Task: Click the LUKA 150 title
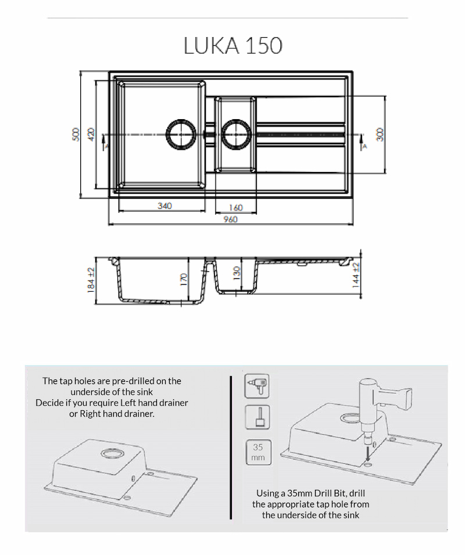[x=233, y=46]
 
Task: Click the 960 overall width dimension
[x=231, y=219]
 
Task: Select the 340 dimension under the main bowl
[x=164, y=205]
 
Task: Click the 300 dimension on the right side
[x=380, y=134]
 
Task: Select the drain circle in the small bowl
[x=235, y=134]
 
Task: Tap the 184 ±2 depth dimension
[x=91, y=281]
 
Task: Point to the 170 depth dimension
[x=183, y=280]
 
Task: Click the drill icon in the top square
[x=257, y=386]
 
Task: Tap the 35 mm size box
[x=257, y=452]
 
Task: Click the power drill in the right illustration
[x=384, y=401]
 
